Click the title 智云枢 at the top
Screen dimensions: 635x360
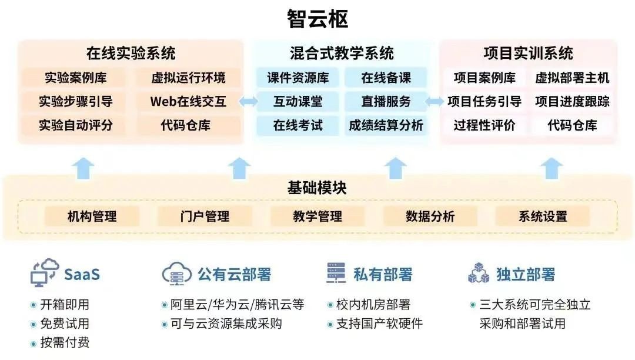(x=317, y=19)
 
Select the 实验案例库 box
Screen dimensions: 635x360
(x=75, y=77)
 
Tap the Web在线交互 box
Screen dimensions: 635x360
(x=188, y=101)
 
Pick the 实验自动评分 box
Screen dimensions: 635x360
(x=75, y=125)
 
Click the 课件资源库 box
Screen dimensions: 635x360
(x=298, y=77)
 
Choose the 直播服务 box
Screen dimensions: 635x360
(x=386, y=101)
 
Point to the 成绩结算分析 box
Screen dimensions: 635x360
(x=386, y=125)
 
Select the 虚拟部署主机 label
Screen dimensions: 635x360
(x=572, y=77)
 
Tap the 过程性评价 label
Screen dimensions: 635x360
(x=484, y=125)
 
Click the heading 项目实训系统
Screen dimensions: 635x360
(x=528, y=53)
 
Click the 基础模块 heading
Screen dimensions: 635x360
(x=317, y=188)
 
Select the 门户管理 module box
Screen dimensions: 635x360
(x=205, y=216)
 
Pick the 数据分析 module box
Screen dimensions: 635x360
(x=430, y=216)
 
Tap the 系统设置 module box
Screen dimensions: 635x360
(x=543, y=216)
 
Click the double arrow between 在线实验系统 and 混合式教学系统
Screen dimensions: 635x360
(x=248, y=101)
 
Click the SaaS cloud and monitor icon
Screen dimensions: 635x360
(x=45, y=272)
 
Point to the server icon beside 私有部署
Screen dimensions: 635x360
(x=336, y=272)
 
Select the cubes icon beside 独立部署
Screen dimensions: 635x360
(x=479, y=272)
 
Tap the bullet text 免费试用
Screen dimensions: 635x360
(x=65, y=324)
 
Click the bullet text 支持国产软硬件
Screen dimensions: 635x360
(x=379, y=324)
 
